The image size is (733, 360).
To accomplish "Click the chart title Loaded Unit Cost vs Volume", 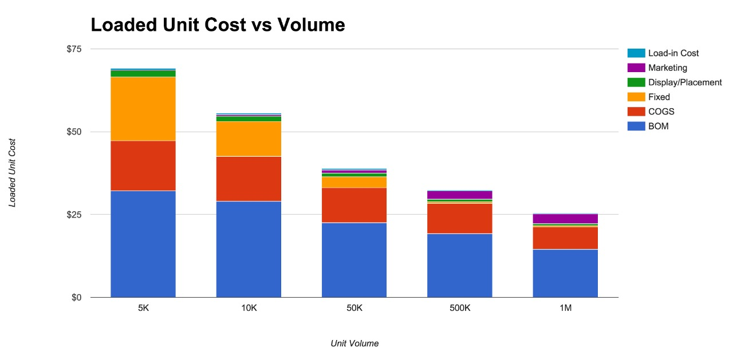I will coord(218,25).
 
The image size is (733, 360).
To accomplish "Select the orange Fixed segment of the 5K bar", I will coord(143,109).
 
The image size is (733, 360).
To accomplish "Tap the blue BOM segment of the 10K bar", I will coord(249,249).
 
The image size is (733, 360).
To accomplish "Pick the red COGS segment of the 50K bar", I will coord(354,205).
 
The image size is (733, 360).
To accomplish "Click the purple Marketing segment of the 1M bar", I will coord(565,219).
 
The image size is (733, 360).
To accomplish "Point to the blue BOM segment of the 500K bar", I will coord(460,265).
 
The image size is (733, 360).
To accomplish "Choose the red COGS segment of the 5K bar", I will coord(143,165).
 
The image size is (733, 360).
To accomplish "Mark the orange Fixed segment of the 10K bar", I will coord(249,139).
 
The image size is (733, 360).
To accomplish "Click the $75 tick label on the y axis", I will coord(74,49).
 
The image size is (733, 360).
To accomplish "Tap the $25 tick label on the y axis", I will coord(74,215).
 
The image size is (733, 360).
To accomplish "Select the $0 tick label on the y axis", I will coord(77,298).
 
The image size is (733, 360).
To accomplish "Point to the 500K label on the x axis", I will coord(460,308).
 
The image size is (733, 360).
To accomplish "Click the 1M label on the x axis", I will coord(565,308).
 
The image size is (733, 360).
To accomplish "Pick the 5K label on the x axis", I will coord(143,308).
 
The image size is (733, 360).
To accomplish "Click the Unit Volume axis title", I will coord(354,343).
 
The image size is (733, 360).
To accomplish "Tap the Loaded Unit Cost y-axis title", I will coord(12,172).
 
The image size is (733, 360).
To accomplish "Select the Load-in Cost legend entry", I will coord(673,53).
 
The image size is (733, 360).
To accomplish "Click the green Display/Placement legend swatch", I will coord(636,82).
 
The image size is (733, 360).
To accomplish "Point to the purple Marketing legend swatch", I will coord(636,68).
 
